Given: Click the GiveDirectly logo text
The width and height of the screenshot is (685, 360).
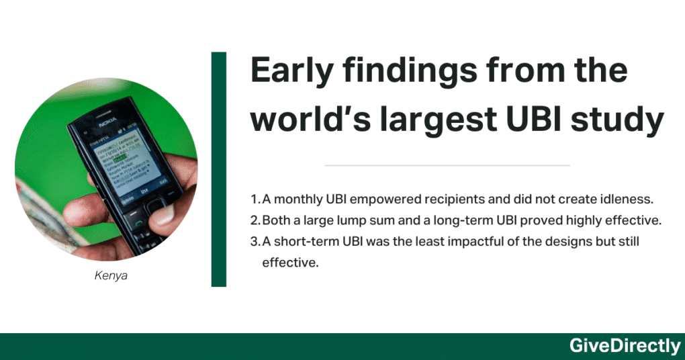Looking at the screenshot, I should [x=625, y=346].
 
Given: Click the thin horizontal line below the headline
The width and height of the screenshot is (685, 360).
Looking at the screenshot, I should [x=447, y=165].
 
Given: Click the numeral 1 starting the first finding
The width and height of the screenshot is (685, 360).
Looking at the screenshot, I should [x=253, y=199].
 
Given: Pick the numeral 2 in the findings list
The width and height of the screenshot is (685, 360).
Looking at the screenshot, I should [x=254, y=220].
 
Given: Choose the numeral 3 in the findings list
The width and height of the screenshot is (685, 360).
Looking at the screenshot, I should [x=254, y=241].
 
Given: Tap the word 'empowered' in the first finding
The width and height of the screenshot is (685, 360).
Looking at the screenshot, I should [x=371, y=199].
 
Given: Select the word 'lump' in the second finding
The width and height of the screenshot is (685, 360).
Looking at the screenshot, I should [x=355, y=220].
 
